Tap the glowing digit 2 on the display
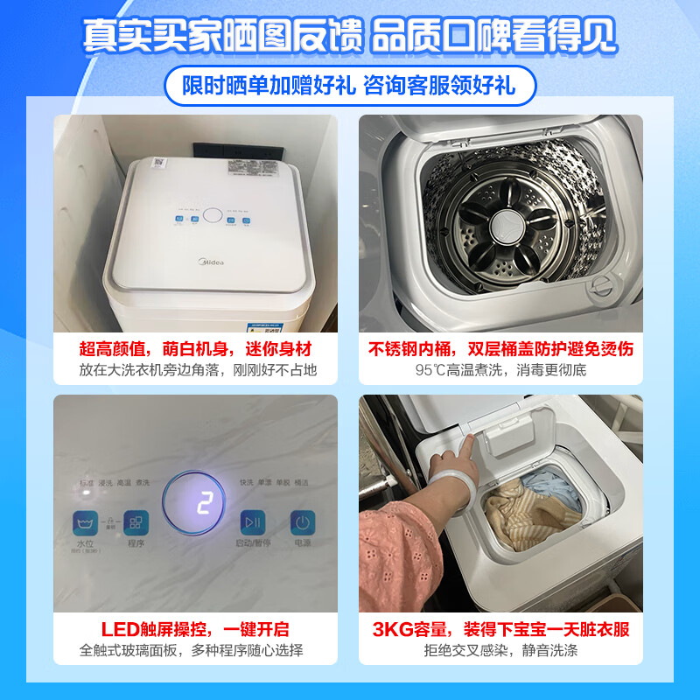pyautogui.click(x=205, y=504)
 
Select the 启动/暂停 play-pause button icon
pyautogui.click(x=252, y=523)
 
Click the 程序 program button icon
pyautogui.click(x=136, y=523)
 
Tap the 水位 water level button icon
pyautogui.click(x=86, y=523)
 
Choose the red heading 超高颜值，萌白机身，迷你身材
pyautogui.click(x=194, y=349)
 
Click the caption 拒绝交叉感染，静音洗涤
pyautogui.click(x=500, y=651)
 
